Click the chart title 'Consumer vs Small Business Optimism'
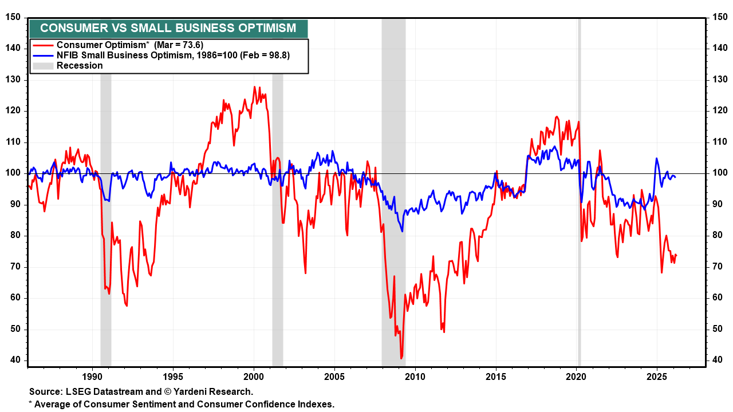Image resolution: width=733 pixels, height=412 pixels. click(x=168, y=28)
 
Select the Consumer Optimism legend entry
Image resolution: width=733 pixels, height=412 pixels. click(x=129, y=45)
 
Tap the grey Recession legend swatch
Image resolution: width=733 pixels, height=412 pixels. click(x=43, y=66)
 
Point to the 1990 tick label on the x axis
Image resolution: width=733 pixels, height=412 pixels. click(x=92, y=377)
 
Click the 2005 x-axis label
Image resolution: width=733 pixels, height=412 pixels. click(x=334, y=377)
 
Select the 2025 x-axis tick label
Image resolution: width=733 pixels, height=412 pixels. click(x=656, y=377)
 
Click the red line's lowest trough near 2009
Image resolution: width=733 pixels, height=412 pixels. click(x=401, y=358)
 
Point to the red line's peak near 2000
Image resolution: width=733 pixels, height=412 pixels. click(x=254, y=87)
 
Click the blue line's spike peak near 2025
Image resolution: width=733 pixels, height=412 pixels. click(x=656, y=159)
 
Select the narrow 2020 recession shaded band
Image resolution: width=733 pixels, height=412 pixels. click(x=579, y=229)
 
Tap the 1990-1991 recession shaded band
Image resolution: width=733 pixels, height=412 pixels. click(x=106, y=229)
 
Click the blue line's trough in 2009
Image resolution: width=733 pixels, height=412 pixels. click(x=403, y=231)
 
